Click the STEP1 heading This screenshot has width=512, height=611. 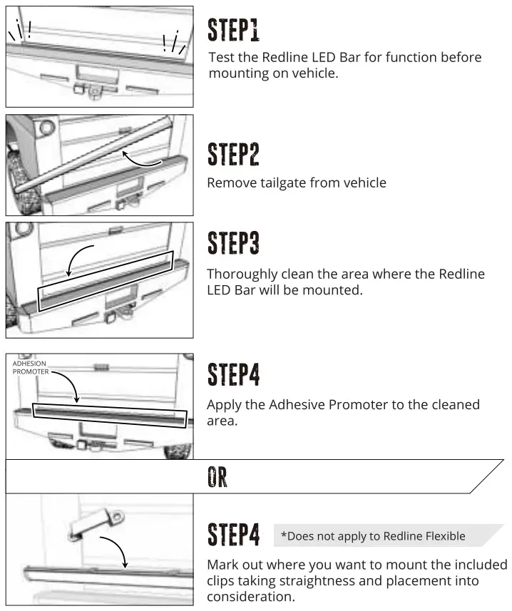coord(233,30)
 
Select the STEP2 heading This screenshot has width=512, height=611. coord(233,154)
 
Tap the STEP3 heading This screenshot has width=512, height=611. coord(233,242)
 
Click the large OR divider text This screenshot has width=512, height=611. coord(217,477)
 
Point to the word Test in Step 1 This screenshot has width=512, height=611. coord(220,57)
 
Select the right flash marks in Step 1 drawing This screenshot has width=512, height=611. coord(173,43)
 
